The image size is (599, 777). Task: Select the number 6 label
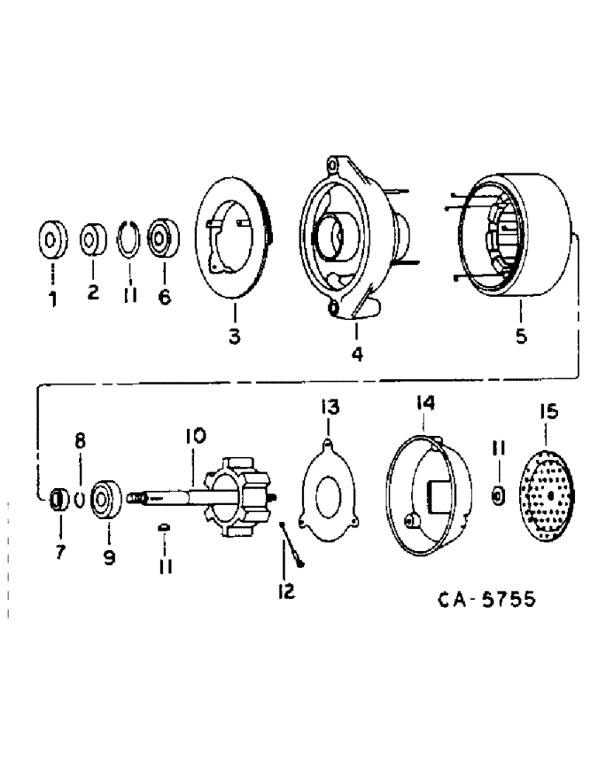pyautogui.click(x=164, y=297)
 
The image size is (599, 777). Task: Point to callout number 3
pyautogui.click(x=234, y=336)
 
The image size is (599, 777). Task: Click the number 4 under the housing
pyautogui.click(x=356, y=354)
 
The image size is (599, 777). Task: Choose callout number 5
pyautogui.click(x=521, y=336)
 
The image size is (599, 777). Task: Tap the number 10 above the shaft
pyautogui.click(x=194, y=437)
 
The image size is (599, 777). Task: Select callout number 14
pyautogui.click(x=424, y=403)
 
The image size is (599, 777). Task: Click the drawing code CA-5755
pyautogui.click(x=486, y=601)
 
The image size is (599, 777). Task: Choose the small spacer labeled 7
pyautogui.click(x=56, y=499)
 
